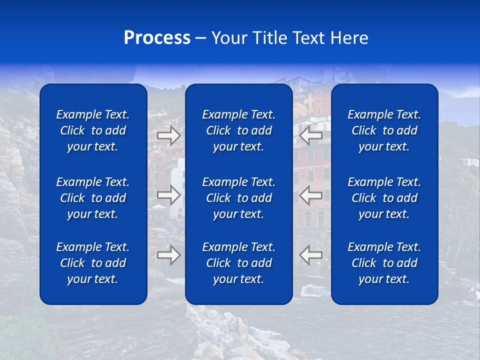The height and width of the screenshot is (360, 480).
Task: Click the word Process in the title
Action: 157,38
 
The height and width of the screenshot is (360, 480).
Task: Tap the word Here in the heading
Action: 349,38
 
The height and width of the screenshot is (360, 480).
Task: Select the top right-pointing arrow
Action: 169,135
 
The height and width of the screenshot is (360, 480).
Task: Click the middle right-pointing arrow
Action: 169,195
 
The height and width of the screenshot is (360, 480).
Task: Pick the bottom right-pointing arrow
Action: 169,255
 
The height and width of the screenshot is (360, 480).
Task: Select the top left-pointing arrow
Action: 311,135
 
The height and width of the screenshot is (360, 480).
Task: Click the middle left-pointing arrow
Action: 311,195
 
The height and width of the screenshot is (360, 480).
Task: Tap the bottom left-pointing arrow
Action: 311,255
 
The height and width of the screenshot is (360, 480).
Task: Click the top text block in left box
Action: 93,130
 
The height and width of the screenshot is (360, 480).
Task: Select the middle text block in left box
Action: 93,198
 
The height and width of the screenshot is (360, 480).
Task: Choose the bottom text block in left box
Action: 93,263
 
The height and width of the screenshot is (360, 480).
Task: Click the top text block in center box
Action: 239,130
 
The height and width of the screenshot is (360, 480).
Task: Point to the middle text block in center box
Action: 239,198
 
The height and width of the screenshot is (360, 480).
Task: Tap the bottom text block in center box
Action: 239,263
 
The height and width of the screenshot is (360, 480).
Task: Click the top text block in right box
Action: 384,130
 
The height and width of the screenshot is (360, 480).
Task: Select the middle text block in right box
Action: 384,198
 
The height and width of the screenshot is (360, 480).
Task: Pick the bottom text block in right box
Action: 384,263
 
